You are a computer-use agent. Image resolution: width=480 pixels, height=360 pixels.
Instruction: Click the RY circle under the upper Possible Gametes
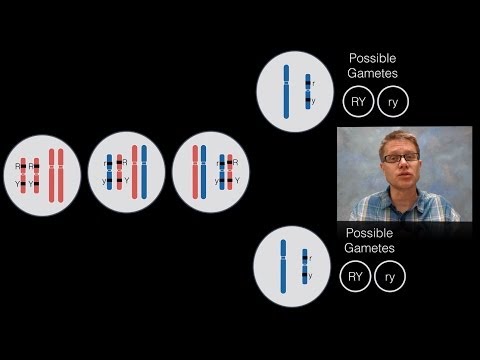(x=356, y=101)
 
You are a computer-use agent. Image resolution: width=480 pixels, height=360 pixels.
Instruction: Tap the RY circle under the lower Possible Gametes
(x=355, y=275)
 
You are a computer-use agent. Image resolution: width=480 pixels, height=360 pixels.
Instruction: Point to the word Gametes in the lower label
(x=371, y=248)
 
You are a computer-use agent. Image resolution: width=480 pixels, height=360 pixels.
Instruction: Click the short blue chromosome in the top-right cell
(x=307, y=91)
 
